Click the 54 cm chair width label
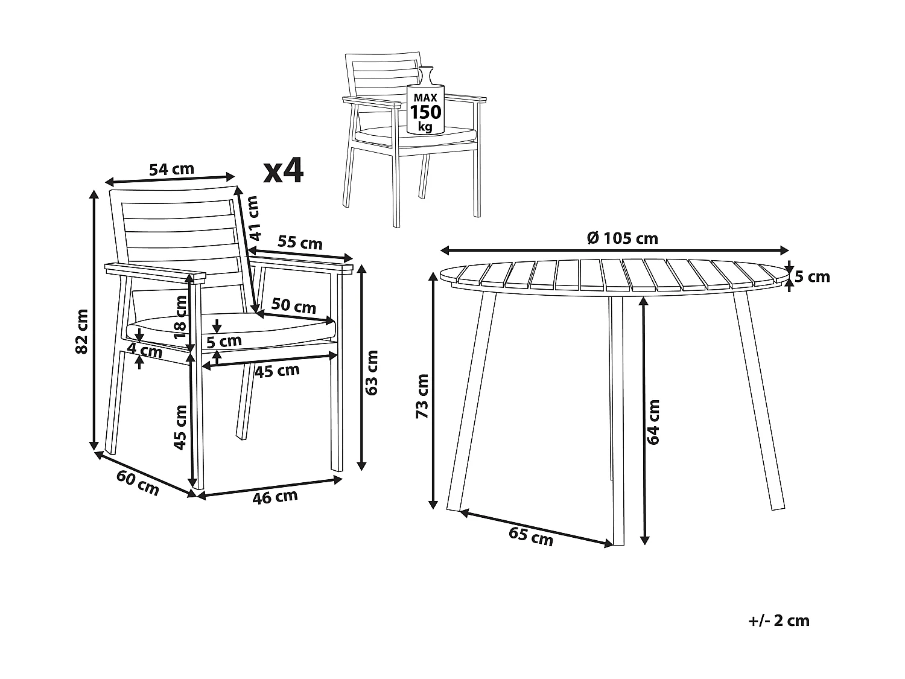172,169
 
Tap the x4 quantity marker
284,171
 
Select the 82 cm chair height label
81,331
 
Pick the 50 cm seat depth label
294,306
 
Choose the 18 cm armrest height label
180,316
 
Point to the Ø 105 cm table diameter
622,238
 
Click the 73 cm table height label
422,397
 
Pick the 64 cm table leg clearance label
653,422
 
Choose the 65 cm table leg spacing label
531,537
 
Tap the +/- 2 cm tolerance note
778,620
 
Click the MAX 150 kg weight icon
425,109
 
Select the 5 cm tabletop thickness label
812,277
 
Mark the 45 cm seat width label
277,371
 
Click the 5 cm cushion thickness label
224,342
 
